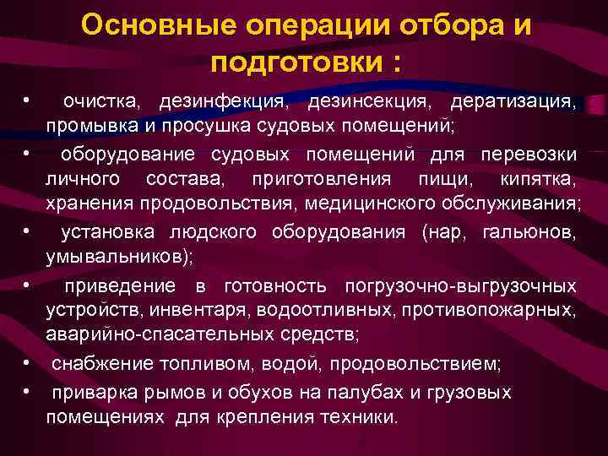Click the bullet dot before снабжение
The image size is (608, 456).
click(x=29, y=364)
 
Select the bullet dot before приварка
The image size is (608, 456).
click(x=29, y=393)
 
